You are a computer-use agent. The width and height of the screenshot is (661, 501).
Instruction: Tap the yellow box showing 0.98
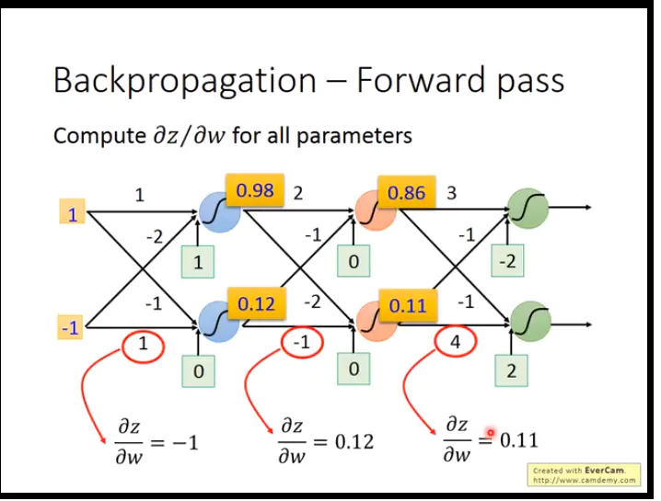pyautogui.click(x=255, y=191)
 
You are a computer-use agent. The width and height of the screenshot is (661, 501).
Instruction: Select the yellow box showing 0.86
pyautogui.click(x=406, y=194)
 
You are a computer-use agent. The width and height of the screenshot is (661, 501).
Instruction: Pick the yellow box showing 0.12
pyautogui.click(x=256, y=303)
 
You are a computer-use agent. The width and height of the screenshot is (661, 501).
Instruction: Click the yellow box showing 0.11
pyautogui.click(x=406, y=305)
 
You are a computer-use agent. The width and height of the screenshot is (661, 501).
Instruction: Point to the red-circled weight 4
pyautogui.click(x=455, y=343)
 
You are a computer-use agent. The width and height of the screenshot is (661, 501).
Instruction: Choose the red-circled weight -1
pyautogui.click(x=300, y=343)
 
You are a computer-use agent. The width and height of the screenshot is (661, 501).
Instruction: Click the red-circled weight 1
pyautogui.click(x=142, y=345)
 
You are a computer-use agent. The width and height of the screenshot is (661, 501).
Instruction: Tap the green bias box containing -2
pyautogui.click(x=507, y=262)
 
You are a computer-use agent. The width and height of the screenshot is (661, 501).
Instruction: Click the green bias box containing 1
pyautogui.click(x=198, y=263)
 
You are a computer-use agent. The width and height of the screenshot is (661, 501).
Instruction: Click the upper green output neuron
pyautogui.click(x=528, y=210)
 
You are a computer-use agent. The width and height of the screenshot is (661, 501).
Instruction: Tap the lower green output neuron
pyautogui.click(x=529, y=321)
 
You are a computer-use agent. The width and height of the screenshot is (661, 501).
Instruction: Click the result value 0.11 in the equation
pyautogui.click(x=518, y=439)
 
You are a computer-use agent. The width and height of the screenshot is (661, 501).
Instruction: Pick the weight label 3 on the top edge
pyautogui.click(x=450, y=194)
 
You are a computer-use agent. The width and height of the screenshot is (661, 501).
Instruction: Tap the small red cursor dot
pyautogui.click(x=491, y=432)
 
